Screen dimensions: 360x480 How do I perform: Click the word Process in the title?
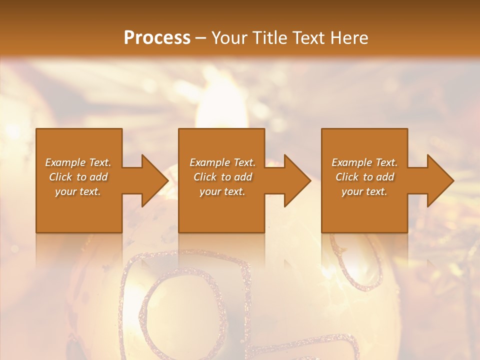(x=157, y=38)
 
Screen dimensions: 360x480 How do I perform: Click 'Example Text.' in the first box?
(x=78, y=162)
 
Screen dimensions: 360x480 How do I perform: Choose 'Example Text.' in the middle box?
(x=222, y=162)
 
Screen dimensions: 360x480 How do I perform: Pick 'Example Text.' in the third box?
(x=364, y=162)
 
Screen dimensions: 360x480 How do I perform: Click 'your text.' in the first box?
(x=78, y=191)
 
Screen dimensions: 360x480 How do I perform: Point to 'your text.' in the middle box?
(x=222, y=191)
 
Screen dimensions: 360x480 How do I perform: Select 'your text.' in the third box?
(x=364, y=191)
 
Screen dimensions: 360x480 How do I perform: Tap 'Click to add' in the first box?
(x=78, y=177)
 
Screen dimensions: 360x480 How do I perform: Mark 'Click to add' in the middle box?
(x=222, y=177)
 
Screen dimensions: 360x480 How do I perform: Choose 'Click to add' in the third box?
(x=364, y=177)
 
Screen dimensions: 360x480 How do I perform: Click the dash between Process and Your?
(x=200, y=38)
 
